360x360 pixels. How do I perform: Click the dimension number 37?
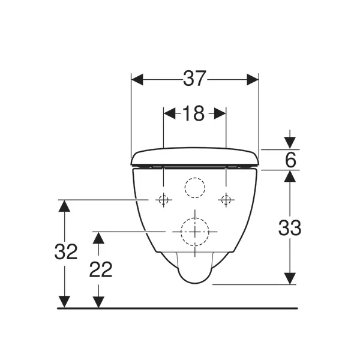(194, 79)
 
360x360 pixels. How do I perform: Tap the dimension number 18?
(193, 113)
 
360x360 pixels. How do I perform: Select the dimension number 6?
(290, 160)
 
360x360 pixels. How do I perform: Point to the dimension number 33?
(290, 228)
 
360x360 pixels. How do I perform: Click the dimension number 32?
(66, 251)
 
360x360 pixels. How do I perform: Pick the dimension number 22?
(101, 269)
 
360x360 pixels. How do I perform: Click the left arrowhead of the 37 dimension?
(137, 79)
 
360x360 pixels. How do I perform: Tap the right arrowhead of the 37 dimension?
(253, 79)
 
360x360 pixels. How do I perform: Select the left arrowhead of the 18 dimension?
(170, 113)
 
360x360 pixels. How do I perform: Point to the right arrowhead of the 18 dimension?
(220, 113)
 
